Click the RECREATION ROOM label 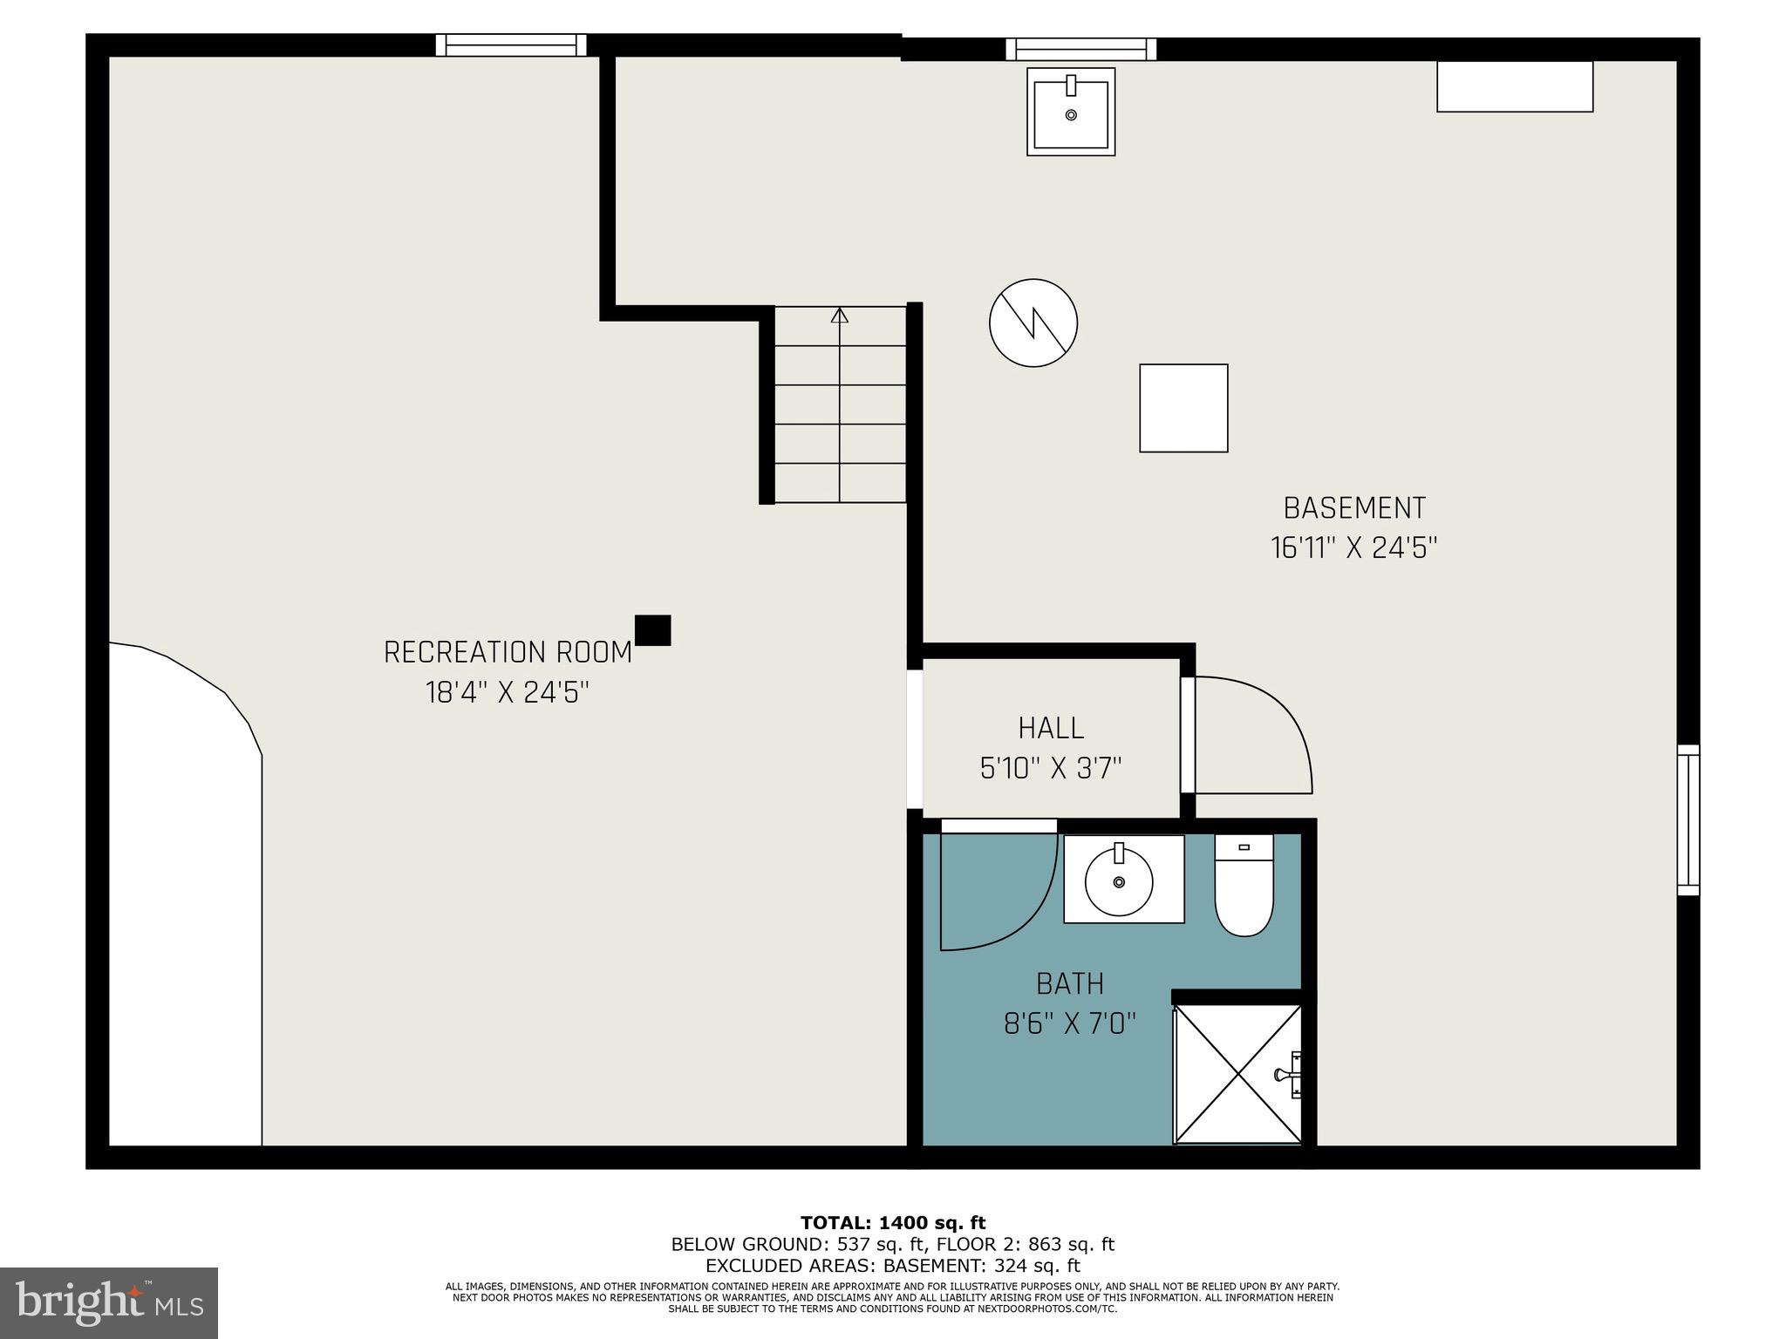tap(508, 652)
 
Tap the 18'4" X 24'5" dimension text tap(508, 693)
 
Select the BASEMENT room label tap(1354, 507)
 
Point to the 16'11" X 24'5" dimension tap(1353, 548)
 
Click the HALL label tap(1051, 728)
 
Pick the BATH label tap(1070, 983)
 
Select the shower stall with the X tap(1237, 1073)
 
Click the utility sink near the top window tap(1071, 112)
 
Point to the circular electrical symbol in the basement tap(1033, 323)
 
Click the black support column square tap(652, 629)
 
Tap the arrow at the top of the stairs tap(839, 316)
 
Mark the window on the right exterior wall tap(1688, 819)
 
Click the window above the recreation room tap(511, 44)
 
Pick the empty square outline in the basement tap(1183, 408)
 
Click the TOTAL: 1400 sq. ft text tap(892, 1222)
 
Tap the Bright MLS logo tap(109, 1302)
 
